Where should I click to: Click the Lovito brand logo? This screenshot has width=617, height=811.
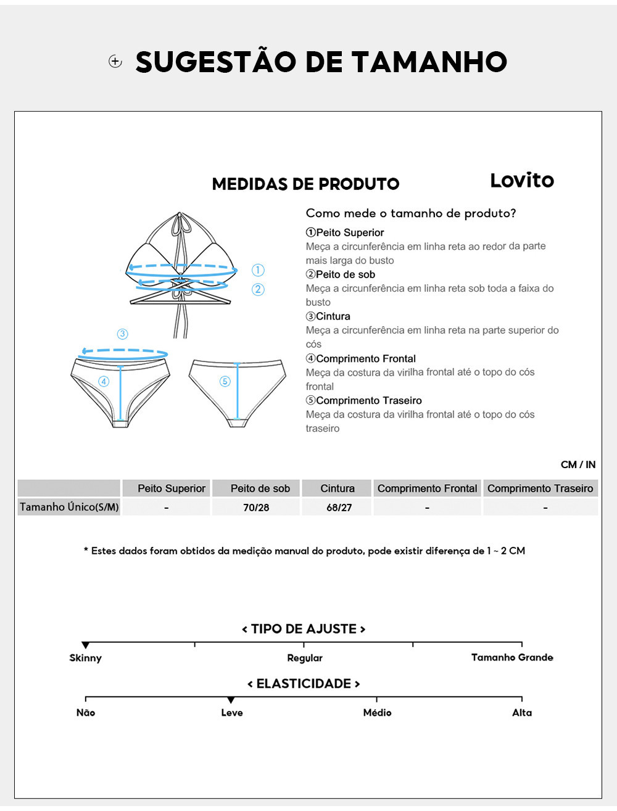[522, 180]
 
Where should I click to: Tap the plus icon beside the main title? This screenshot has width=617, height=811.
[115, 61]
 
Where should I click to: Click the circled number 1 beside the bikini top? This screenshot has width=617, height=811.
[258, 270]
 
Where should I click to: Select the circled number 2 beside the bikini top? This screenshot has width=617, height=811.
[258, 289]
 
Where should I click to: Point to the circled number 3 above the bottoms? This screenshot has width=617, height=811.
[122, 334]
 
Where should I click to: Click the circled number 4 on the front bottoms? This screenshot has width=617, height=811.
[104, 381]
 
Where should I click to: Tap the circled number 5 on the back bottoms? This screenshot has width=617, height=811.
[225, 381]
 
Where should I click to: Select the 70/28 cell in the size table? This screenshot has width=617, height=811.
[256, 508]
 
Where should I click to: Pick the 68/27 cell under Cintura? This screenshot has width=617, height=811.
[339, 508]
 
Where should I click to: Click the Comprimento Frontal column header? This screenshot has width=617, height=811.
[427, 488]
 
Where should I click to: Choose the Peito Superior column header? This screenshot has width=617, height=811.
[171, 488]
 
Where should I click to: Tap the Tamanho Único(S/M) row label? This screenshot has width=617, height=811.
[69, 507]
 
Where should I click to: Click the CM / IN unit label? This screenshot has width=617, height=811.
[578, 464]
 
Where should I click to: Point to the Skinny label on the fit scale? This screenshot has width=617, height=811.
[85, 658]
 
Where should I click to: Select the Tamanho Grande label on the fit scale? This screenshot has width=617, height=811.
[512, 657]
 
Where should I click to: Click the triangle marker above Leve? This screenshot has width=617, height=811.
[231, 700]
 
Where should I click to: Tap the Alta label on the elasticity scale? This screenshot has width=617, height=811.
[522, 712]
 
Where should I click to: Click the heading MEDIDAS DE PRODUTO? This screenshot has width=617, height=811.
[305, 184]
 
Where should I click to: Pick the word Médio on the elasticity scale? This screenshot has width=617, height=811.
[377, 712]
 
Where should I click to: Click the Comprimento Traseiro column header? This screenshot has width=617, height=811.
[540, 488]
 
